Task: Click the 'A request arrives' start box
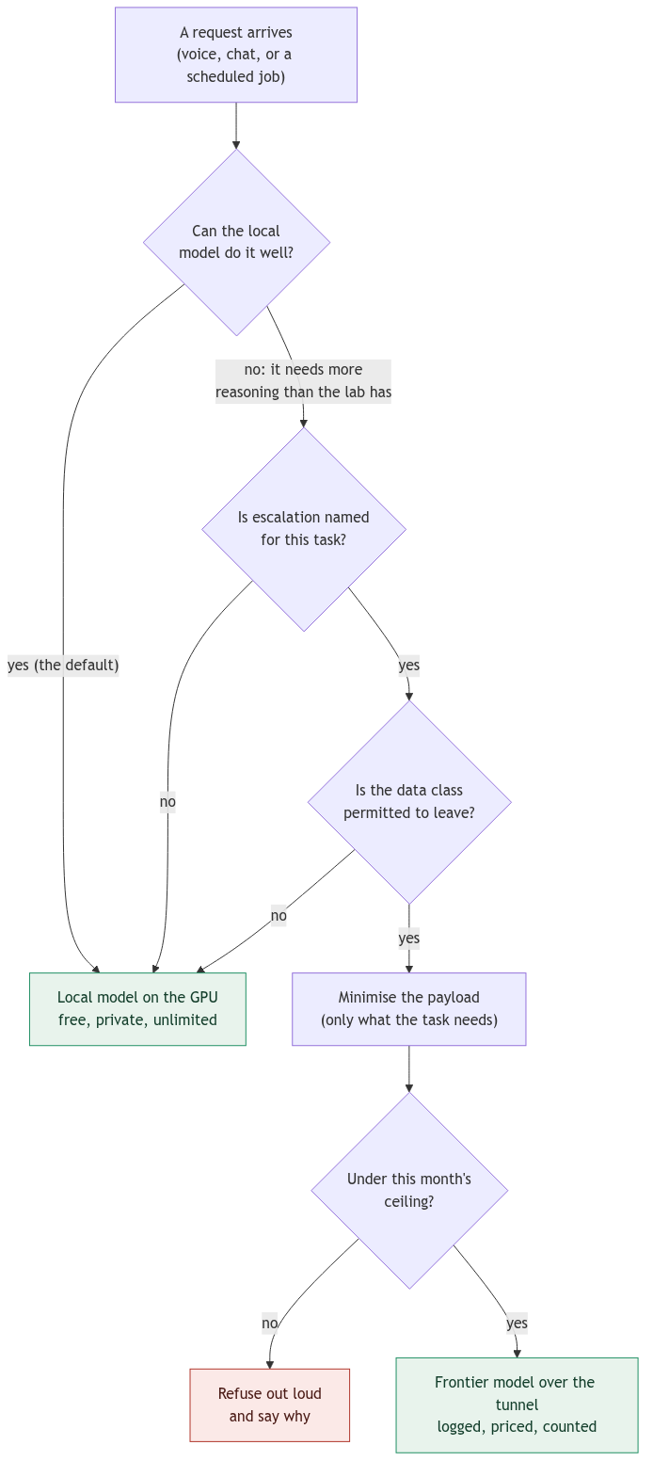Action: (x=236, y=55)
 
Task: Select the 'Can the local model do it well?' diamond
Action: (x=236, y=242)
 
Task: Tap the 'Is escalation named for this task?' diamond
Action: (x=304, y=529)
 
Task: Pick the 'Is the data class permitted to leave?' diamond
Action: (x=409, y=802)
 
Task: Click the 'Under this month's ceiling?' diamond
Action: (x=409, y=1190)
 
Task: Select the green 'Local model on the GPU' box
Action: (x=137, y=1009)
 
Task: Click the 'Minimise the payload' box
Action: (x=409, y=1009)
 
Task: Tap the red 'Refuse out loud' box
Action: (x=269, y=1405)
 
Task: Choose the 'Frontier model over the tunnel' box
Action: (x=517, y=1405)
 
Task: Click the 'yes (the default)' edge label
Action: (x=63, y=665)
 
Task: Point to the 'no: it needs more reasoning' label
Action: (x=303, y=380)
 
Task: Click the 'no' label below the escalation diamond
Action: (x=168, y=802)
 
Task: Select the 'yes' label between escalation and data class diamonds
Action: (x=409, y=665)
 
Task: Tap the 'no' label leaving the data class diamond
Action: (x=279, y=915)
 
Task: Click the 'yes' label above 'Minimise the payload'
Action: (x=409, y=938)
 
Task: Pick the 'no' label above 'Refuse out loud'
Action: (x=269, y=1323)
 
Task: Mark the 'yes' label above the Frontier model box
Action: (x=518, y=1323)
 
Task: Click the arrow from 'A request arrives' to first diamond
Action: (x=236, y=125)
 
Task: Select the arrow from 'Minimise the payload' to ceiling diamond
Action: (x=409, y=1068)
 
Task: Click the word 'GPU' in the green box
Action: (x=203, y=998)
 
